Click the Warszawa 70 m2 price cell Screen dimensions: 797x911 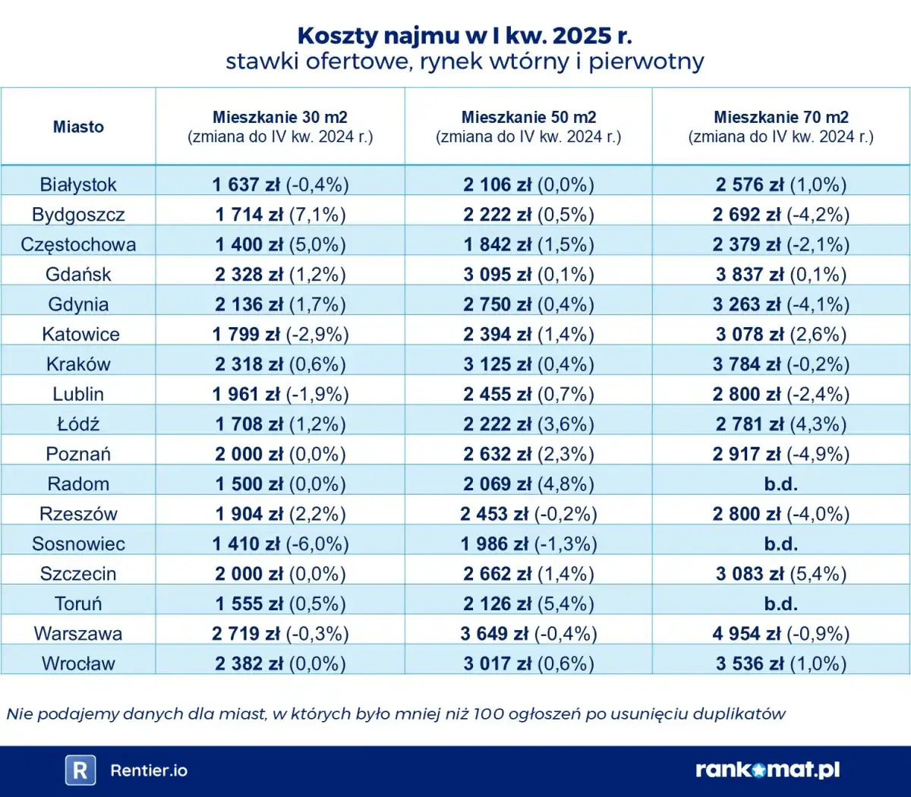780,633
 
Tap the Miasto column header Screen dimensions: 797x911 78,127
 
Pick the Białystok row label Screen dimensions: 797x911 78,184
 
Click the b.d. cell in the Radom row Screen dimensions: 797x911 780,484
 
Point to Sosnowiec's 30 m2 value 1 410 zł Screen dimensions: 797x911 280,543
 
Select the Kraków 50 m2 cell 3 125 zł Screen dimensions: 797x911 528,364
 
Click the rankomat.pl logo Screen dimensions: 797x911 768,770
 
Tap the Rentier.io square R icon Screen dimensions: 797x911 80,770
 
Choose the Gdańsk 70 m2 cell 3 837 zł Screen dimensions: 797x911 780,274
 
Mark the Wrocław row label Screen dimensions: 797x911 78,663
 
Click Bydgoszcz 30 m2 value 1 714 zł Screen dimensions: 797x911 280,215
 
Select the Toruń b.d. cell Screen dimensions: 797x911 780,603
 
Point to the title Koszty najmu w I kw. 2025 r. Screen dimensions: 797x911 465,36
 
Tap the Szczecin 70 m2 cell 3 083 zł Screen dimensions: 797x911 780,574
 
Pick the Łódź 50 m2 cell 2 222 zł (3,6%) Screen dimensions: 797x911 528,424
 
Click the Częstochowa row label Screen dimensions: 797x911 78,244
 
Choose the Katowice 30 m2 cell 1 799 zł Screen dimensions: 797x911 280,334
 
